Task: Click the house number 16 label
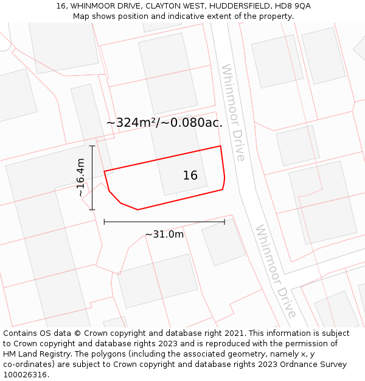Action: [x=190, y=176]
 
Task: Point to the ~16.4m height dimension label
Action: [x=81, y=177]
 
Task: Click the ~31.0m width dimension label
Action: [x=164, y=234]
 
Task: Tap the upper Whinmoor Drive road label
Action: [x=233, y=112]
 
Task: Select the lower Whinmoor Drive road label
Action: [x=276, y=271]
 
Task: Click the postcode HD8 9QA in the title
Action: [x=293, y=5]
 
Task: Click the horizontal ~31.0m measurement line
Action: [x=164, y=222]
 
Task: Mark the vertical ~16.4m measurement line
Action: [x=92, y=177]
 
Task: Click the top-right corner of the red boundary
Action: [x=220, y=146]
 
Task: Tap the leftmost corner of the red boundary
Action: [x=104, y=171]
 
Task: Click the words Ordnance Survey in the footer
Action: [x=317, y=365]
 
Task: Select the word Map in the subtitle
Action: [x=82, y=16]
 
